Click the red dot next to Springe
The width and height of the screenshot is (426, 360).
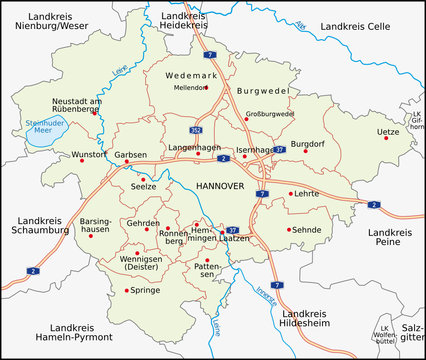click(x=128, y=290)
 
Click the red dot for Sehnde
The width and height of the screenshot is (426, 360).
click(x=291, y=230)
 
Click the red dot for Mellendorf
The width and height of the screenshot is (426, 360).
click(x=206, y=87)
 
